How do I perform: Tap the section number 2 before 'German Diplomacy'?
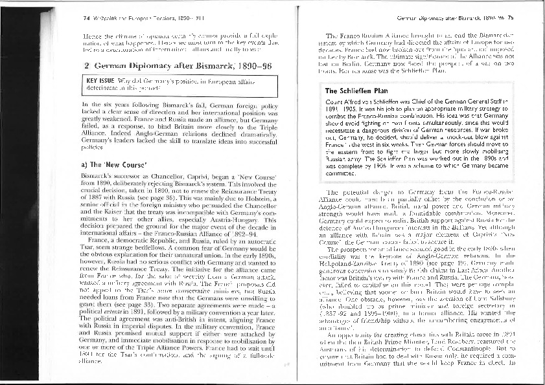pyautogui.click(x=87, y=65)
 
